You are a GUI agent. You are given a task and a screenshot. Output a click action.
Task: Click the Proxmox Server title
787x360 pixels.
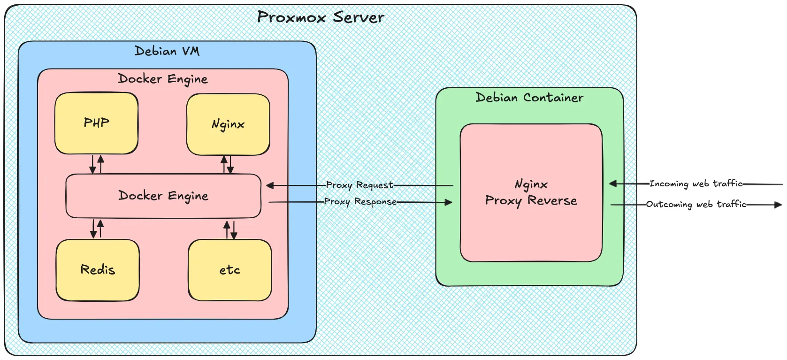[321, 17]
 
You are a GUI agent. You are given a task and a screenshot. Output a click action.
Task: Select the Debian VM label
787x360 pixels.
[167, 51]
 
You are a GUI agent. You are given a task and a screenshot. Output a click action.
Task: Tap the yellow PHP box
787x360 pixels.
[96, 123]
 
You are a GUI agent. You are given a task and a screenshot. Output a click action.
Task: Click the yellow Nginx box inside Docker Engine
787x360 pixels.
[228, 124]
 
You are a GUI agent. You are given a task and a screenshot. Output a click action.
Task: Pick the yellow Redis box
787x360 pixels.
[98, 270]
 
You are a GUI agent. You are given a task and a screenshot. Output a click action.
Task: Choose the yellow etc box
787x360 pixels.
[229, 270]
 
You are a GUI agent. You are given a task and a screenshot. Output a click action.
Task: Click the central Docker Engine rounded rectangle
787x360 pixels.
[163, 196]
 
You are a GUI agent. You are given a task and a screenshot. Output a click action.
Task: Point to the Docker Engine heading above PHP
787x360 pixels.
[163, 79]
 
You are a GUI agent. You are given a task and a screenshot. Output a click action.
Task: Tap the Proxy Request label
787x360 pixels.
[359, 185]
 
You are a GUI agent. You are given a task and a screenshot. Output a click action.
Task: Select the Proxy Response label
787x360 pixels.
[360, 202]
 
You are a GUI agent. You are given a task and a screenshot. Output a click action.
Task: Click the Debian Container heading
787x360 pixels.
[529, 98]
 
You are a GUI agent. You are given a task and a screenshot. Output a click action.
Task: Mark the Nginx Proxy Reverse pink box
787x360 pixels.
[531, 192]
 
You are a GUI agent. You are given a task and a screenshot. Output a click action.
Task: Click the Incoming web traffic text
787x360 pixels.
[696, 184]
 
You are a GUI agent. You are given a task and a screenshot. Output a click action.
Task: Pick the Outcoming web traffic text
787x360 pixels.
[696, 204]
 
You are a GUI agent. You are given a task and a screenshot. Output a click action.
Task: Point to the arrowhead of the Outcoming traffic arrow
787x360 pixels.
[778, 205]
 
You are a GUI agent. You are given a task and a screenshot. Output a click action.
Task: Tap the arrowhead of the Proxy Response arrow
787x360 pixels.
[448, 202]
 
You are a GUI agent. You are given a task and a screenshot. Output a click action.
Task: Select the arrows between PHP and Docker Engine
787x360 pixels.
[97, 164]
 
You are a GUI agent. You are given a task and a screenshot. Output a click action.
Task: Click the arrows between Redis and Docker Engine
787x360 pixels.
[97, 229]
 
